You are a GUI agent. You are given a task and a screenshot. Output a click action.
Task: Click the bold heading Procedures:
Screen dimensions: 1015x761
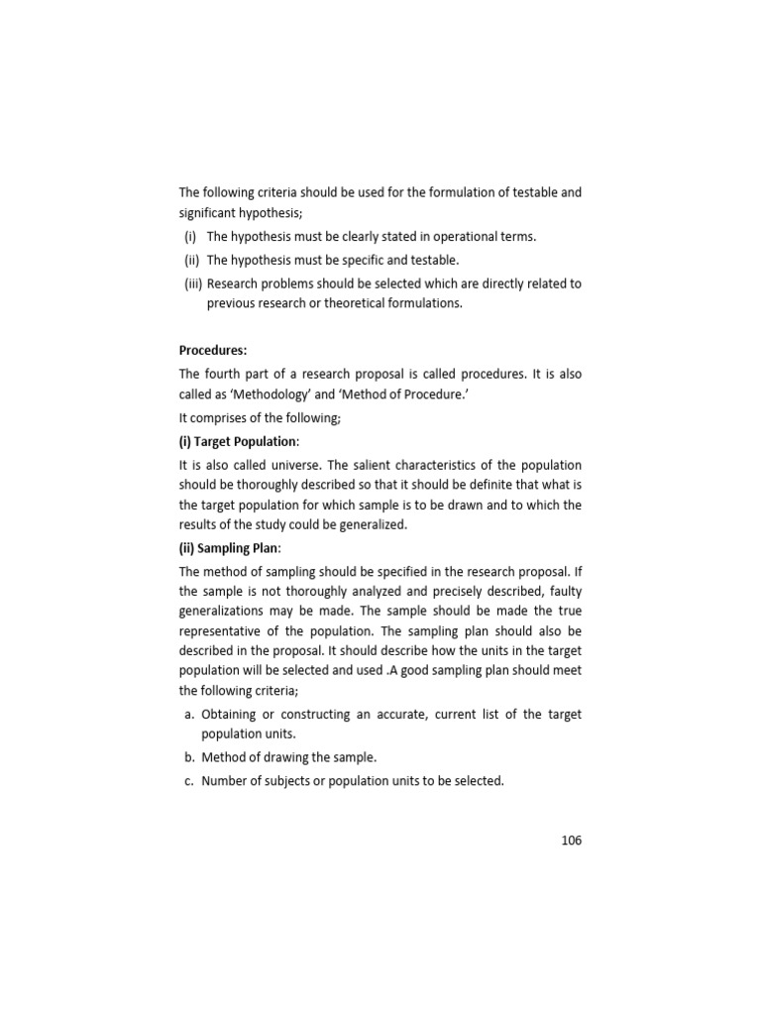click(x=213, y=350)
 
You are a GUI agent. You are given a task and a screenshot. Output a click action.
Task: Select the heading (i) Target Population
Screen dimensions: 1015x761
click(x=239, y=441)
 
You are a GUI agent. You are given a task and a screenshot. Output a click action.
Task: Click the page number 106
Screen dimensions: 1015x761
click(x=571, y=841)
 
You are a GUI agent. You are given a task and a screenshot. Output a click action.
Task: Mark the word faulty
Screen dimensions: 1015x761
click(x=564, y=592)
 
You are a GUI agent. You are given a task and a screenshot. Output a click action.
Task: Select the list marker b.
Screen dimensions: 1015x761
click(x=187, y=757)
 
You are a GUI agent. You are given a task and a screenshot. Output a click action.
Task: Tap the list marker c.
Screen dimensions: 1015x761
click(x=187, y=780)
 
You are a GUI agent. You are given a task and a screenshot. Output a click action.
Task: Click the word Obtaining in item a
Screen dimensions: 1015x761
click(x=233, y=714)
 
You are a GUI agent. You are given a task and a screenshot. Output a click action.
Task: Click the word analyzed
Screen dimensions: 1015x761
click(x=386, y=592)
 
